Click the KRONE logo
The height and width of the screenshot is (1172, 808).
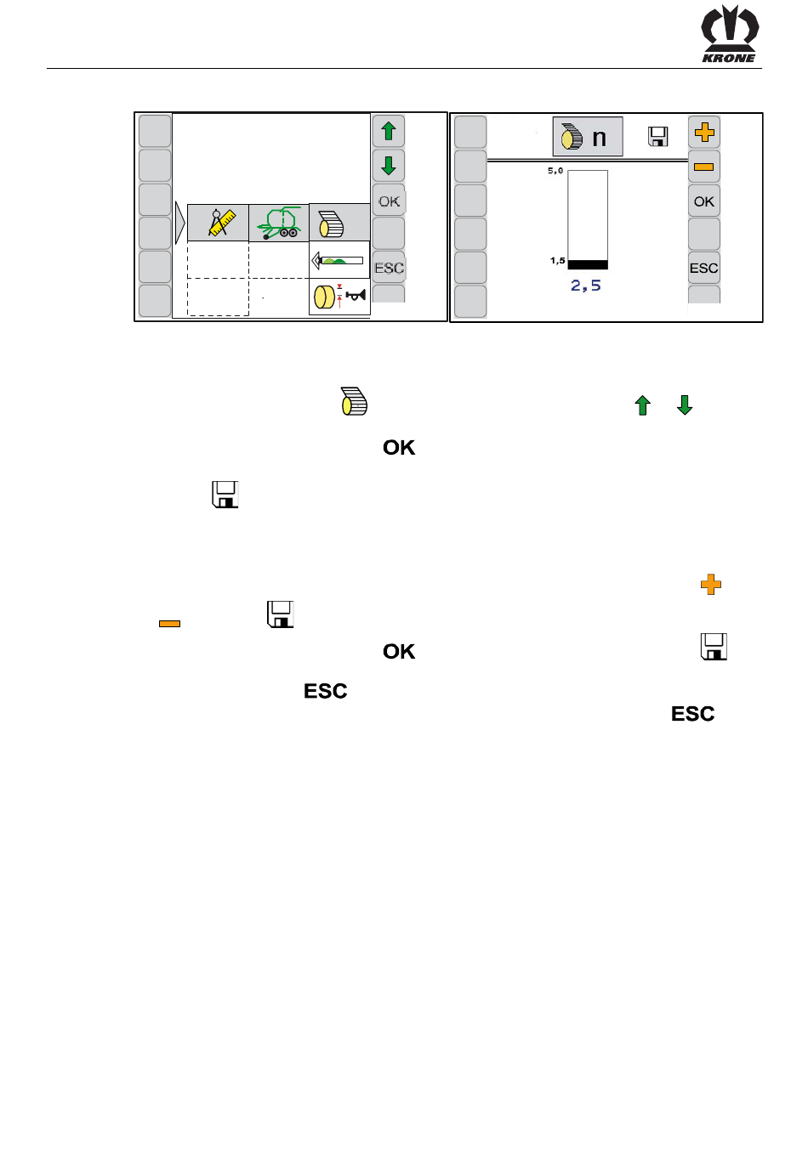tap(729, 34)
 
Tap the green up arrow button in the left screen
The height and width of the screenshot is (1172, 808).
tap(389, 131)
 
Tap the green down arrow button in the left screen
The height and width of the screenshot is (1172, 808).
tap(389, 165)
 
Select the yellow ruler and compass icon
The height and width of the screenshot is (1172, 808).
tap(219, 223)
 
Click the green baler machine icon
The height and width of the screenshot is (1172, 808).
tap(279, 223)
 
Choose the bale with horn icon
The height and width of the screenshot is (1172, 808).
tap(339, 297)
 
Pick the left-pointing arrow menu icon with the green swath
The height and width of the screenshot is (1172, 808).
tap(339, 260)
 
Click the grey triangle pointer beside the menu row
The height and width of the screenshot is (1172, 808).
tap(179, 223)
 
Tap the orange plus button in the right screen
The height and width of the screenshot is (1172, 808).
tap(704, 132)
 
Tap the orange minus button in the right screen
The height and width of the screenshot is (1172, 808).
tap(704, 167)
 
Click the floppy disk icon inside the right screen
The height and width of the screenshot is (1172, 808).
tap(658, 137)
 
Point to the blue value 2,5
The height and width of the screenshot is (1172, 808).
tap(586, 286)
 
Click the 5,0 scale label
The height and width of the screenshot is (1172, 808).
tap(555, 171)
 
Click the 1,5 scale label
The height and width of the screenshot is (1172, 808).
tap(557, 261)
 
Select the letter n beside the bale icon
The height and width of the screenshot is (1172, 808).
tap(600, 138)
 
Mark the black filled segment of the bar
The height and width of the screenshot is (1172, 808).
tap(588, 264)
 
